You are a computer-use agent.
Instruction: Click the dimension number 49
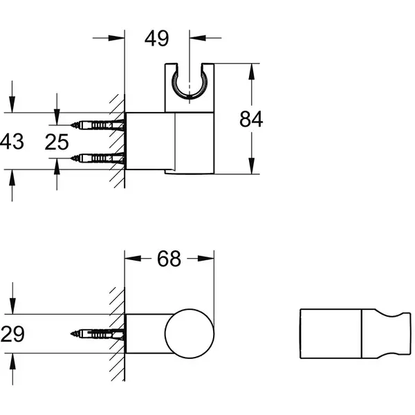coord(156,38)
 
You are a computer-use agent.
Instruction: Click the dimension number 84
coord(251,119)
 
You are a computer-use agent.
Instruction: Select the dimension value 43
coord(12,141)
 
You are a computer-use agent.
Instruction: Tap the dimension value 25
coord(57,142)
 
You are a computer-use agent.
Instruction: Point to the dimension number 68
coord(169,259)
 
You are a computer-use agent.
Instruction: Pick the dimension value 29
coord(12,333)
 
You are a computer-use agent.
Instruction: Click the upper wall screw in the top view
coord(98,125)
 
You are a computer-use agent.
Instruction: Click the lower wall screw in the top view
coord(98,158)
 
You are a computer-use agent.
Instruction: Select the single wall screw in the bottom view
coord(98,334)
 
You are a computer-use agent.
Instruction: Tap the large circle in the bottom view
coord(190,309)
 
